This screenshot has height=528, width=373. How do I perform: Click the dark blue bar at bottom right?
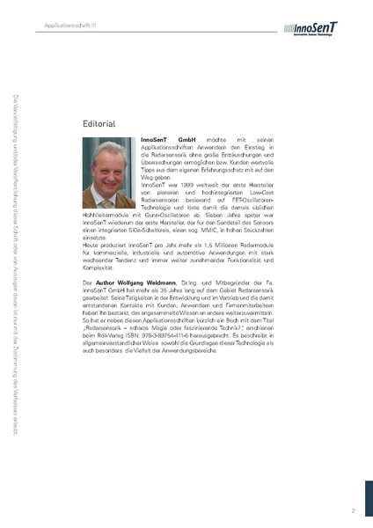[368, 493]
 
